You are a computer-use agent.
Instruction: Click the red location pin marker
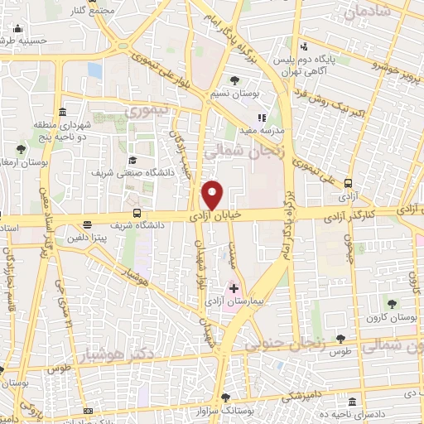pyautogui.click(x=214, y=193)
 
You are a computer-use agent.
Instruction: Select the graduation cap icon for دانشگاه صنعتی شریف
pyautogui.click(x=132, y=160)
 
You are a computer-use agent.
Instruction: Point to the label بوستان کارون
pyautogui.click(x=392, y=318)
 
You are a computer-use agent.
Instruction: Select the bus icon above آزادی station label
pyautogui.click(x=348, y=184)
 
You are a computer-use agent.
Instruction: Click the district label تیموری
pyautogui.click(x=150, y=110)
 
